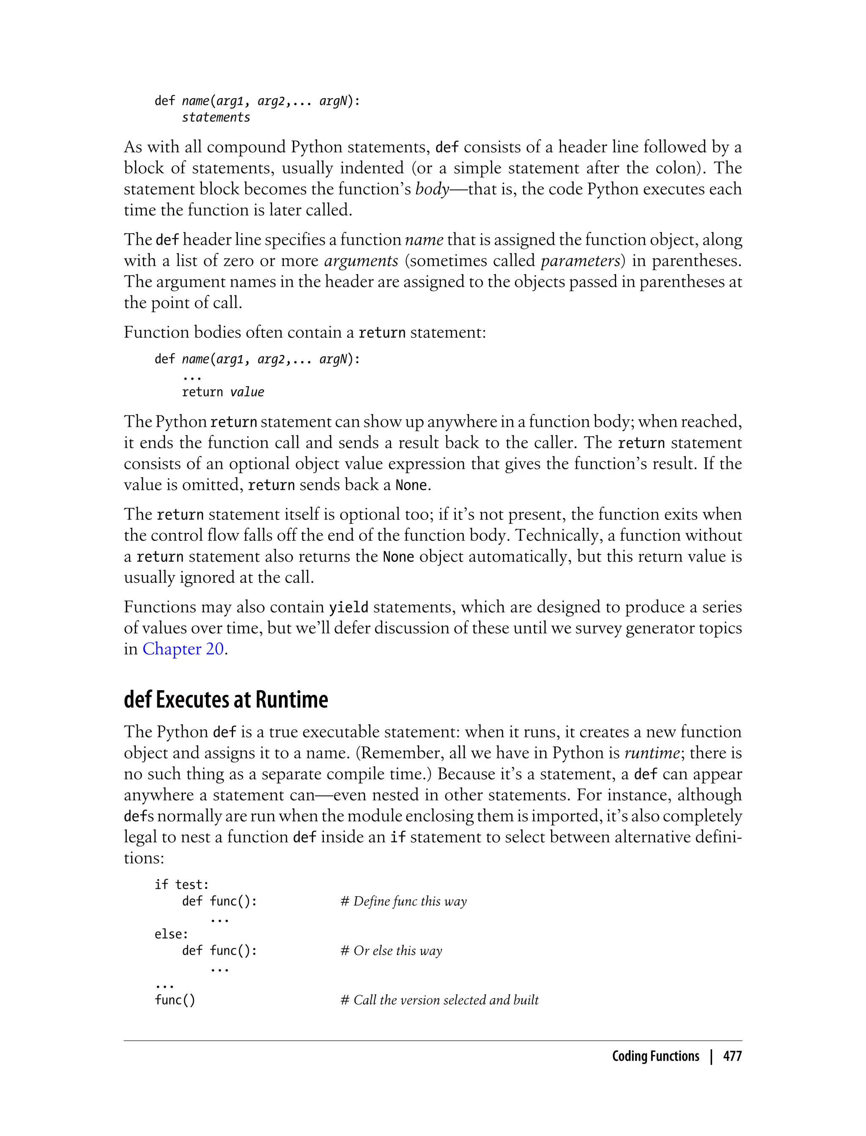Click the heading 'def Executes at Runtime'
[x=226, y=699]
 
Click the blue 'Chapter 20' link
[x=183, y=649]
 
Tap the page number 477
[x=732, y=1056]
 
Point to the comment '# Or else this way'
[x=391, y=950]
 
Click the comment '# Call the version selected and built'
[x=439, y=1000]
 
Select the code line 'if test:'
[x=181, y=885]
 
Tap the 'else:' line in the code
[x=171, y=934]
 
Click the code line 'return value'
[x=223, y=392]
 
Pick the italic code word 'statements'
[x=216, y=117]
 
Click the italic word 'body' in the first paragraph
[x=432, y=189]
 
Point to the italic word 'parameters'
[x=580, y=261]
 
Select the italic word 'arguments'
[x=361, y=261]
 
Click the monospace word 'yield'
[x=348, y=607]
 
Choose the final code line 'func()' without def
[x=175, y=1000]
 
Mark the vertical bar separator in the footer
[x=711, y=1056]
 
